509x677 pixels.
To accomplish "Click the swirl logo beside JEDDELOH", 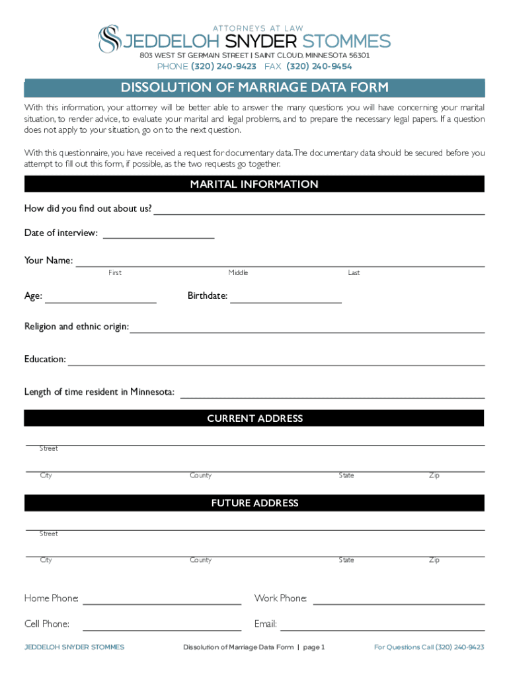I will click(109, 39).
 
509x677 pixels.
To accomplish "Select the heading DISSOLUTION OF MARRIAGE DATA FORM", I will click(255, 88).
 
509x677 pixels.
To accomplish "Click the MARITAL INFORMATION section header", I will click(255, 184).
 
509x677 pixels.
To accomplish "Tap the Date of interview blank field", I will click(159, 236).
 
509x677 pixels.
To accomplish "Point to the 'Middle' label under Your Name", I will click(238, 273).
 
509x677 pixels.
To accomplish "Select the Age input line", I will click(100, 301).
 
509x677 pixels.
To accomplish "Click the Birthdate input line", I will click(286, 301).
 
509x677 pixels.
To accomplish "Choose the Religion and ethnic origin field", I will click(307, 331).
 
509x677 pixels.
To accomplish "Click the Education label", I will click(45, 360).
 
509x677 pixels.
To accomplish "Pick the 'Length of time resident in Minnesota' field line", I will click(333, 396).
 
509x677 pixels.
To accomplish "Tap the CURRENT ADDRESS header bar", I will click(255, 418).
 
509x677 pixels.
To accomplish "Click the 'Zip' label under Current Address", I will click(434, 476).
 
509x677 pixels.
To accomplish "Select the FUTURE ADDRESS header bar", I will click(255, 503).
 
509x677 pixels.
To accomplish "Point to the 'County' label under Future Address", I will click(200, 561).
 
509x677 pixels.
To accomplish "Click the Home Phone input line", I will click(162, 603).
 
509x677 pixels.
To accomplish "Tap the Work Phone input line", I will click(399, 603).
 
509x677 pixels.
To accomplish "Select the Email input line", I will click(382, 629).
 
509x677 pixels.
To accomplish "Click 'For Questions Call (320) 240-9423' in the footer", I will click(429, 647).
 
